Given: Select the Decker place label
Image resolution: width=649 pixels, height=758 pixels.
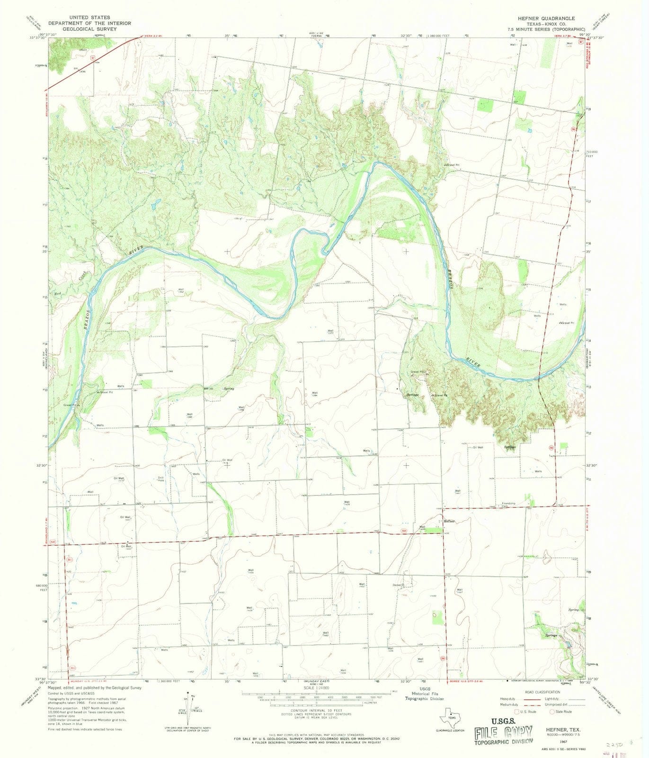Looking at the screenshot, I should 397,585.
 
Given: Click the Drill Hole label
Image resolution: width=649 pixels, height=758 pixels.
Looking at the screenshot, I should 160,479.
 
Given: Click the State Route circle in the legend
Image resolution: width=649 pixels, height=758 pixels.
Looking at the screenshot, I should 552,712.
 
